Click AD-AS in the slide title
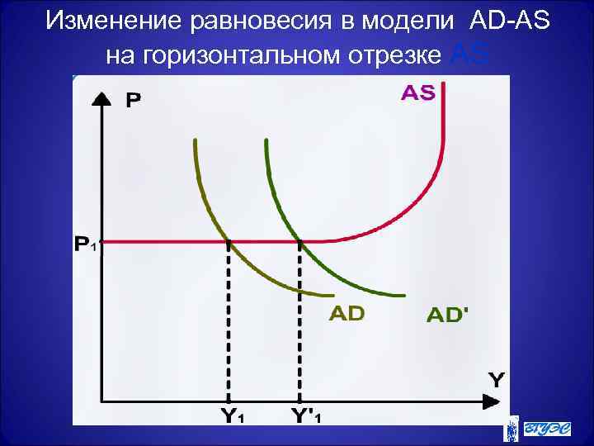(x=510, y=21)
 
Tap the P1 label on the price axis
(x=87, y=244)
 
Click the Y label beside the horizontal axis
(x=497, y=380)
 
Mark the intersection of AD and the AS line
(x=229, y=242)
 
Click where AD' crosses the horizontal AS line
(x=300, y=242)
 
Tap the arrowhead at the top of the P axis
(x=101, y=97)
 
